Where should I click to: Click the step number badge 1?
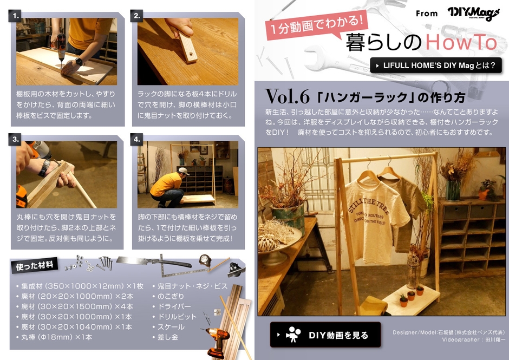tap(17, 16)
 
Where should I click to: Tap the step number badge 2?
tap(138, 16)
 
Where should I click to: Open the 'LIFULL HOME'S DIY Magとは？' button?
tap(436, 66)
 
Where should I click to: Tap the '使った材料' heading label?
tap(35, 265)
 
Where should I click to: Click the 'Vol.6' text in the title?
tap(287, 97)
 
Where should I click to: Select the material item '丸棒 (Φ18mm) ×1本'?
tap(54, 337)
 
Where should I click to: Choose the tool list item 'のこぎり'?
tap(171, 296)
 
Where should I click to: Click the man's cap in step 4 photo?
tap(184, 172)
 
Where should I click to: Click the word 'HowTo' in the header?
tap(461, 42)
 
